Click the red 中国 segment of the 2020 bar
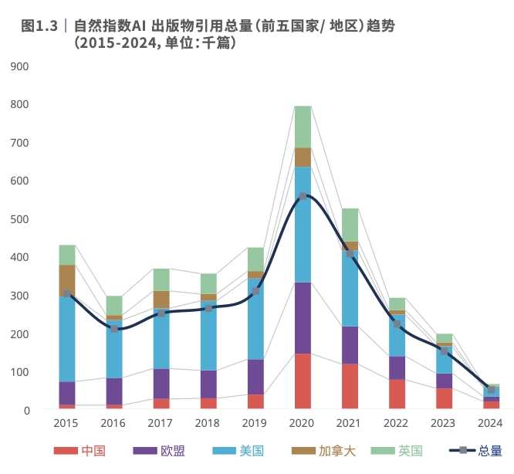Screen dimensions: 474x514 point(303,381)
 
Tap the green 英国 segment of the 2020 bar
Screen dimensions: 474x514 point(303,126)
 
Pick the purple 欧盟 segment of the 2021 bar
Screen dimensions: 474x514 point(350,344)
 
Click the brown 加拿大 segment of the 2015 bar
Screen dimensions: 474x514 point(67,279)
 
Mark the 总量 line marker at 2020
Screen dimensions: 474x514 point(303,196)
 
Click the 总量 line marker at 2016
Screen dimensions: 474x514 point(114,329)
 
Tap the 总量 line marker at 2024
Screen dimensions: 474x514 point(491,389)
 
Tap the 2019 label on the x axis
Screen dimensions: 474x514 point(255,423)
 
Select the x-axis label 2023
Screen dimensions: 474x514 point(444,423)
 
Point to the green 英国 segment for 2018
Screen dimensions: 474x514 point(208,283)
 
